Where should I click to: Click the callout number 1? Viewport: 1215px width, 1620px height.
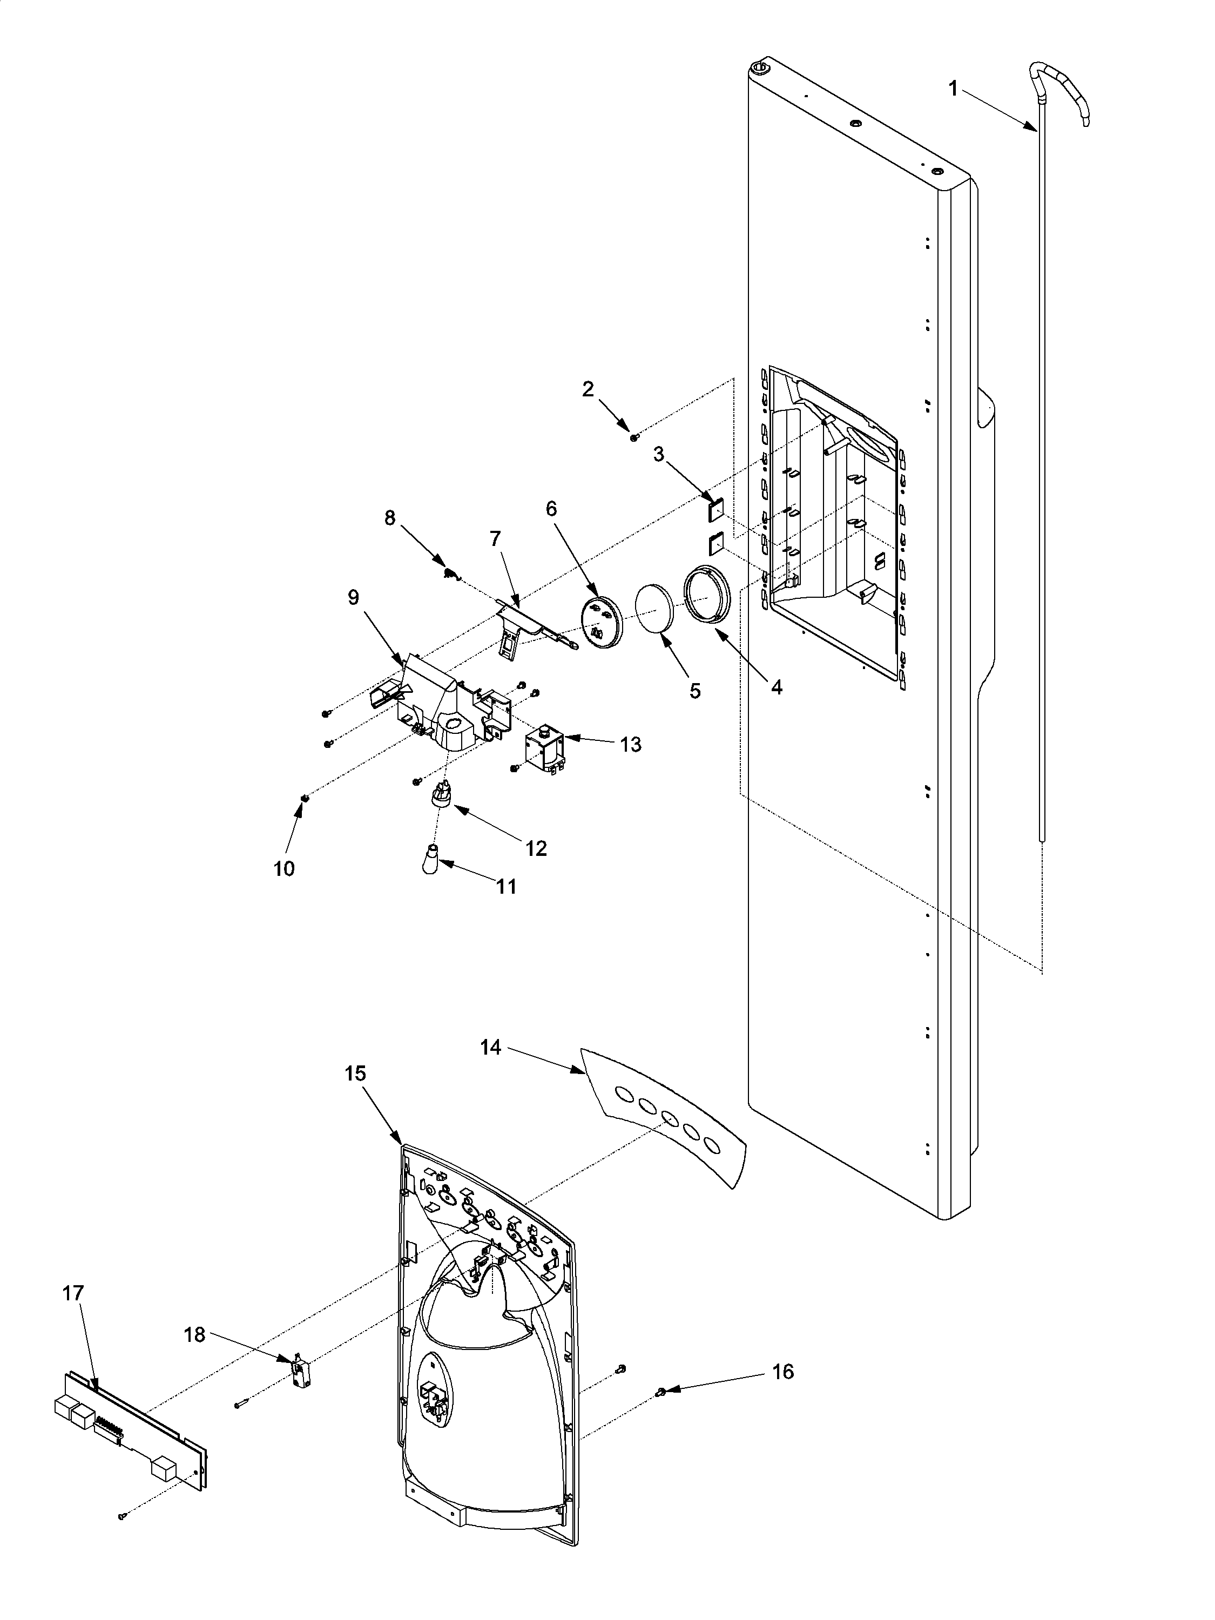[953, 89]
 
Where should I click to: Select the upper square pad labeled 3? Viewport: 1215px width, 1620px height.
[715, 509]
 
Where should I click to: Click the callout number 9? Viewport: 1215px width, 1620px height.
[353, 598]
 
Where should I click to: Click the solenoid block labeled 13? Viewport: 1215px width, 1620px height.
[543, 749]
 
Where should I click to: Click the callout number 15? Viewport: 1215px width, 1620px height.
[355, 1074]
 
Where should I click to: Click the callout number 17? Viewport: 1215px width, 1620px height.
[73, 1293]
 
